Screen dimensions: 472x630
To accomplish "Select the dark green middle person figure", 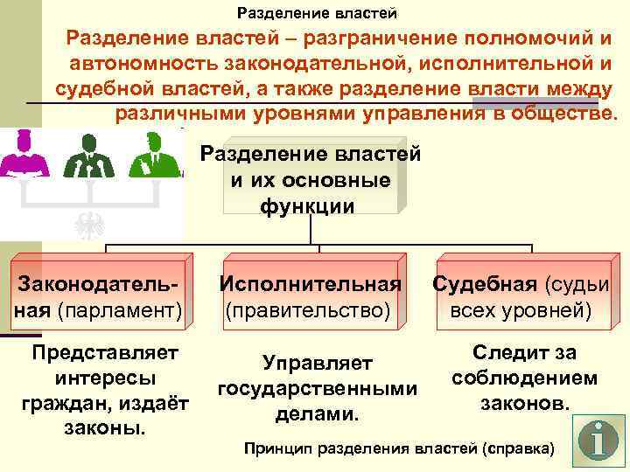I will (x=87, y=158).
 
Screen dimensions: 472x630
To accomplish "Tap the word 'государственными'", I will (x=317, y=387).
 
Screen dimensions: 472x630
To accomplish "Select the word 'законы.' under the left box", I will (x=105, y=429).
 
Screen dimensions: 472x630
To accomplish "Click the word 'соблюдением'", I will (x=525, y=378).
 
